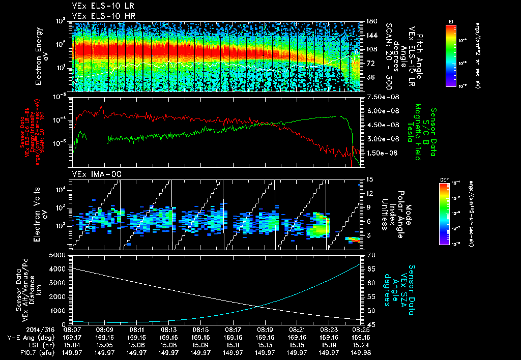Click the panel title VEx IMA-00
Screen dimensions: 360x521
pos(91,174)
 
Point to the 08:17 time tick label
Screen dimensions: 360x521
pos(233,329)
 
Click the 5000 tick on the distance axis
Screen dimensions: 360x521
pos(57,255)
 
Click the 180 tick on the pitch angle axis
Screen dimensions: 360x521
pos(371,21)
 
